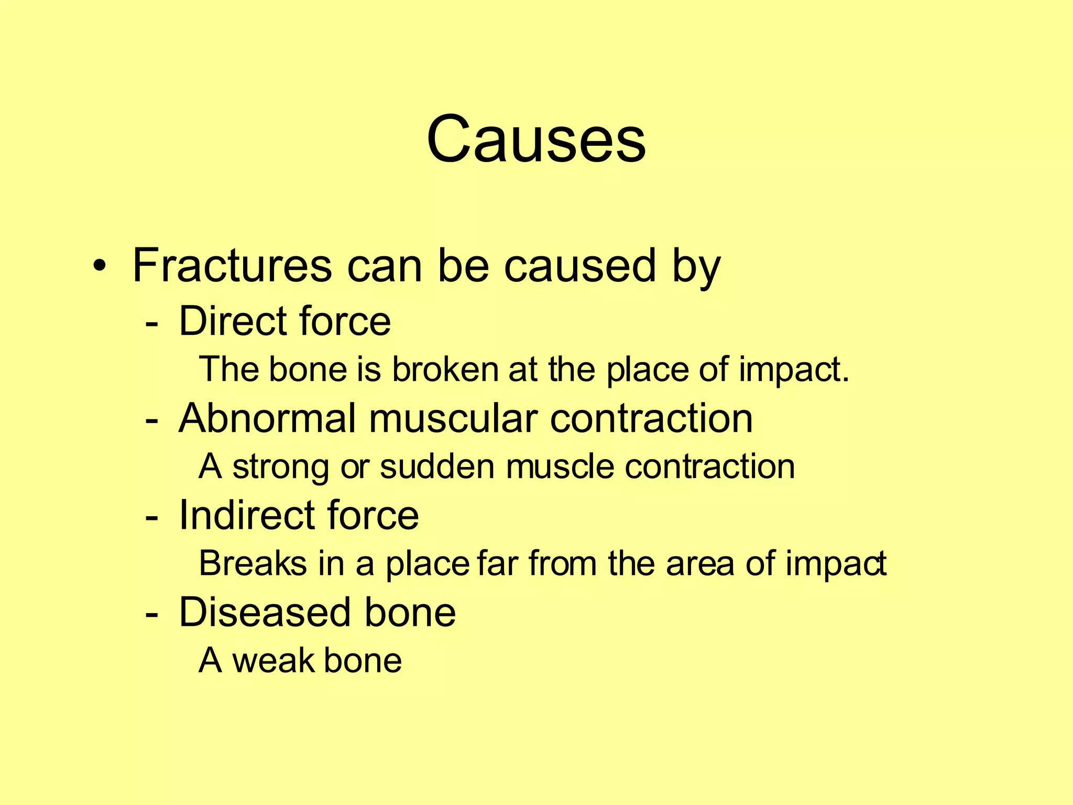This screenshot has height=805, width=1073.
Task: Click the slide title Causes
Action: click(536, 139)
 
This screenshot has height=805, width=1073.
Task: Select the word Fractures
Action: click(232, 266)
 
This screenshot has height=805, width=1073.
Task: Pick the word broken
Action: click(446, 369)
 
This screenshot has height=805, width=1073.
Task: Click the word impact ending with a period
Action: click(794, 370)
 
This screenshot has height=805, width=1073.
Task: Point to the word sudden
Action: click(437, 466)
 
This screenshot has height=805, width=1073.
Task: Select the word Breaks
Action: click(253, 563)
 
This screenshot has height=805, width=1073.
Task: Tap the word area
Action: click(700, 564)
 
